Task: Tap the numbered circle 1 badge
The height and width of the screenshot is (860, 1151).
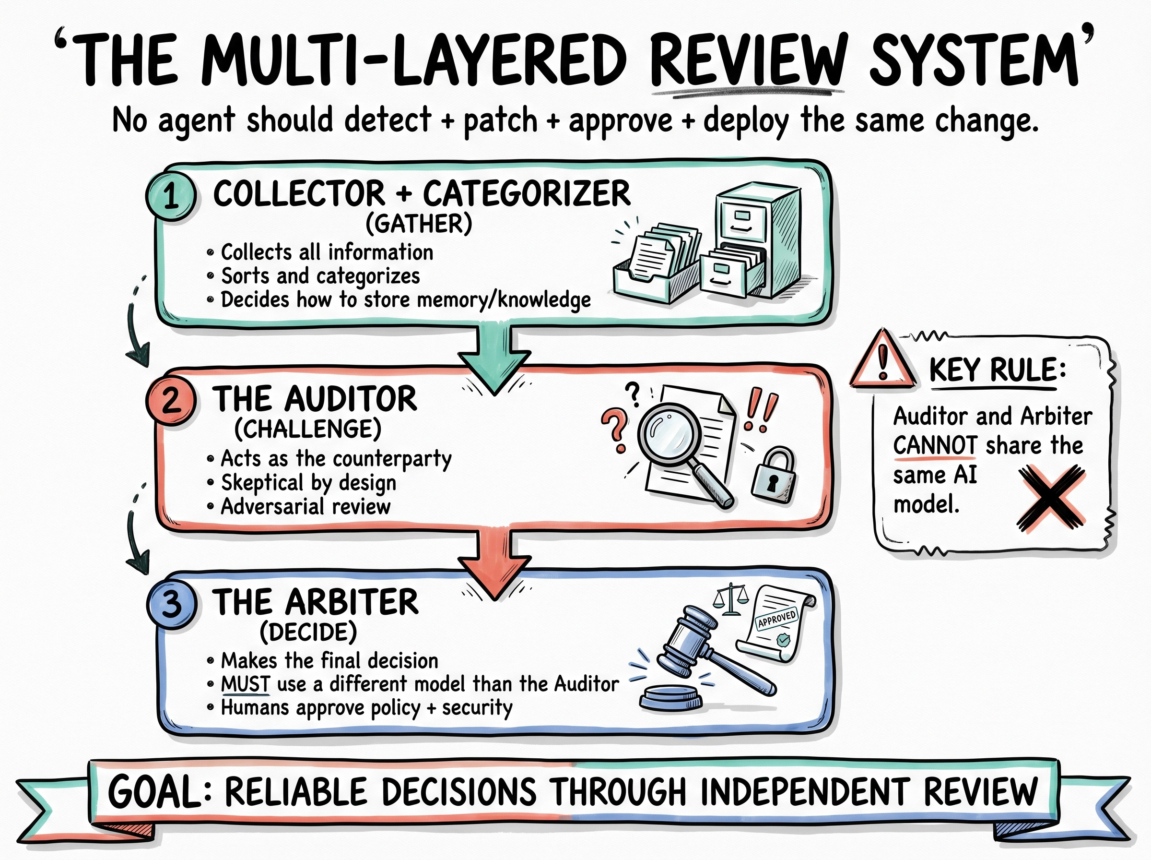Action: click(171, 198)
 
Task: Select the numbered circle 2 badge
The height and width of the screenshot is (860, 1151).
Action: click(171, 402)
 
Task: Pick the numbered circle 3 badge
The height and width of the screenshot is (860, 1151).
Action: click(172, 605)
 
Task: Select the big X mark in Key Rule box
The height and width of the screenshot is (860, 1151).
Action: click(1051, 497)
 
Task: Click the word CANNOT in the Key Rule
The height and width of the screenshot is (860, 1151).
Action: click(935, 446)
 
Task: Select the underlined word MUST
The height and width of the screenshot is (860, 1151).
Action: click(246, 683)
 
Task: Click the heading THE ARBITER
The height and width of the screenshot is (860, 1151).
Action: click(315, 602)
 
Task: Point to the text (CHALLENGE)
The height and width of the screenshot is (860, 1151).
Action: click(308, 429)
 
